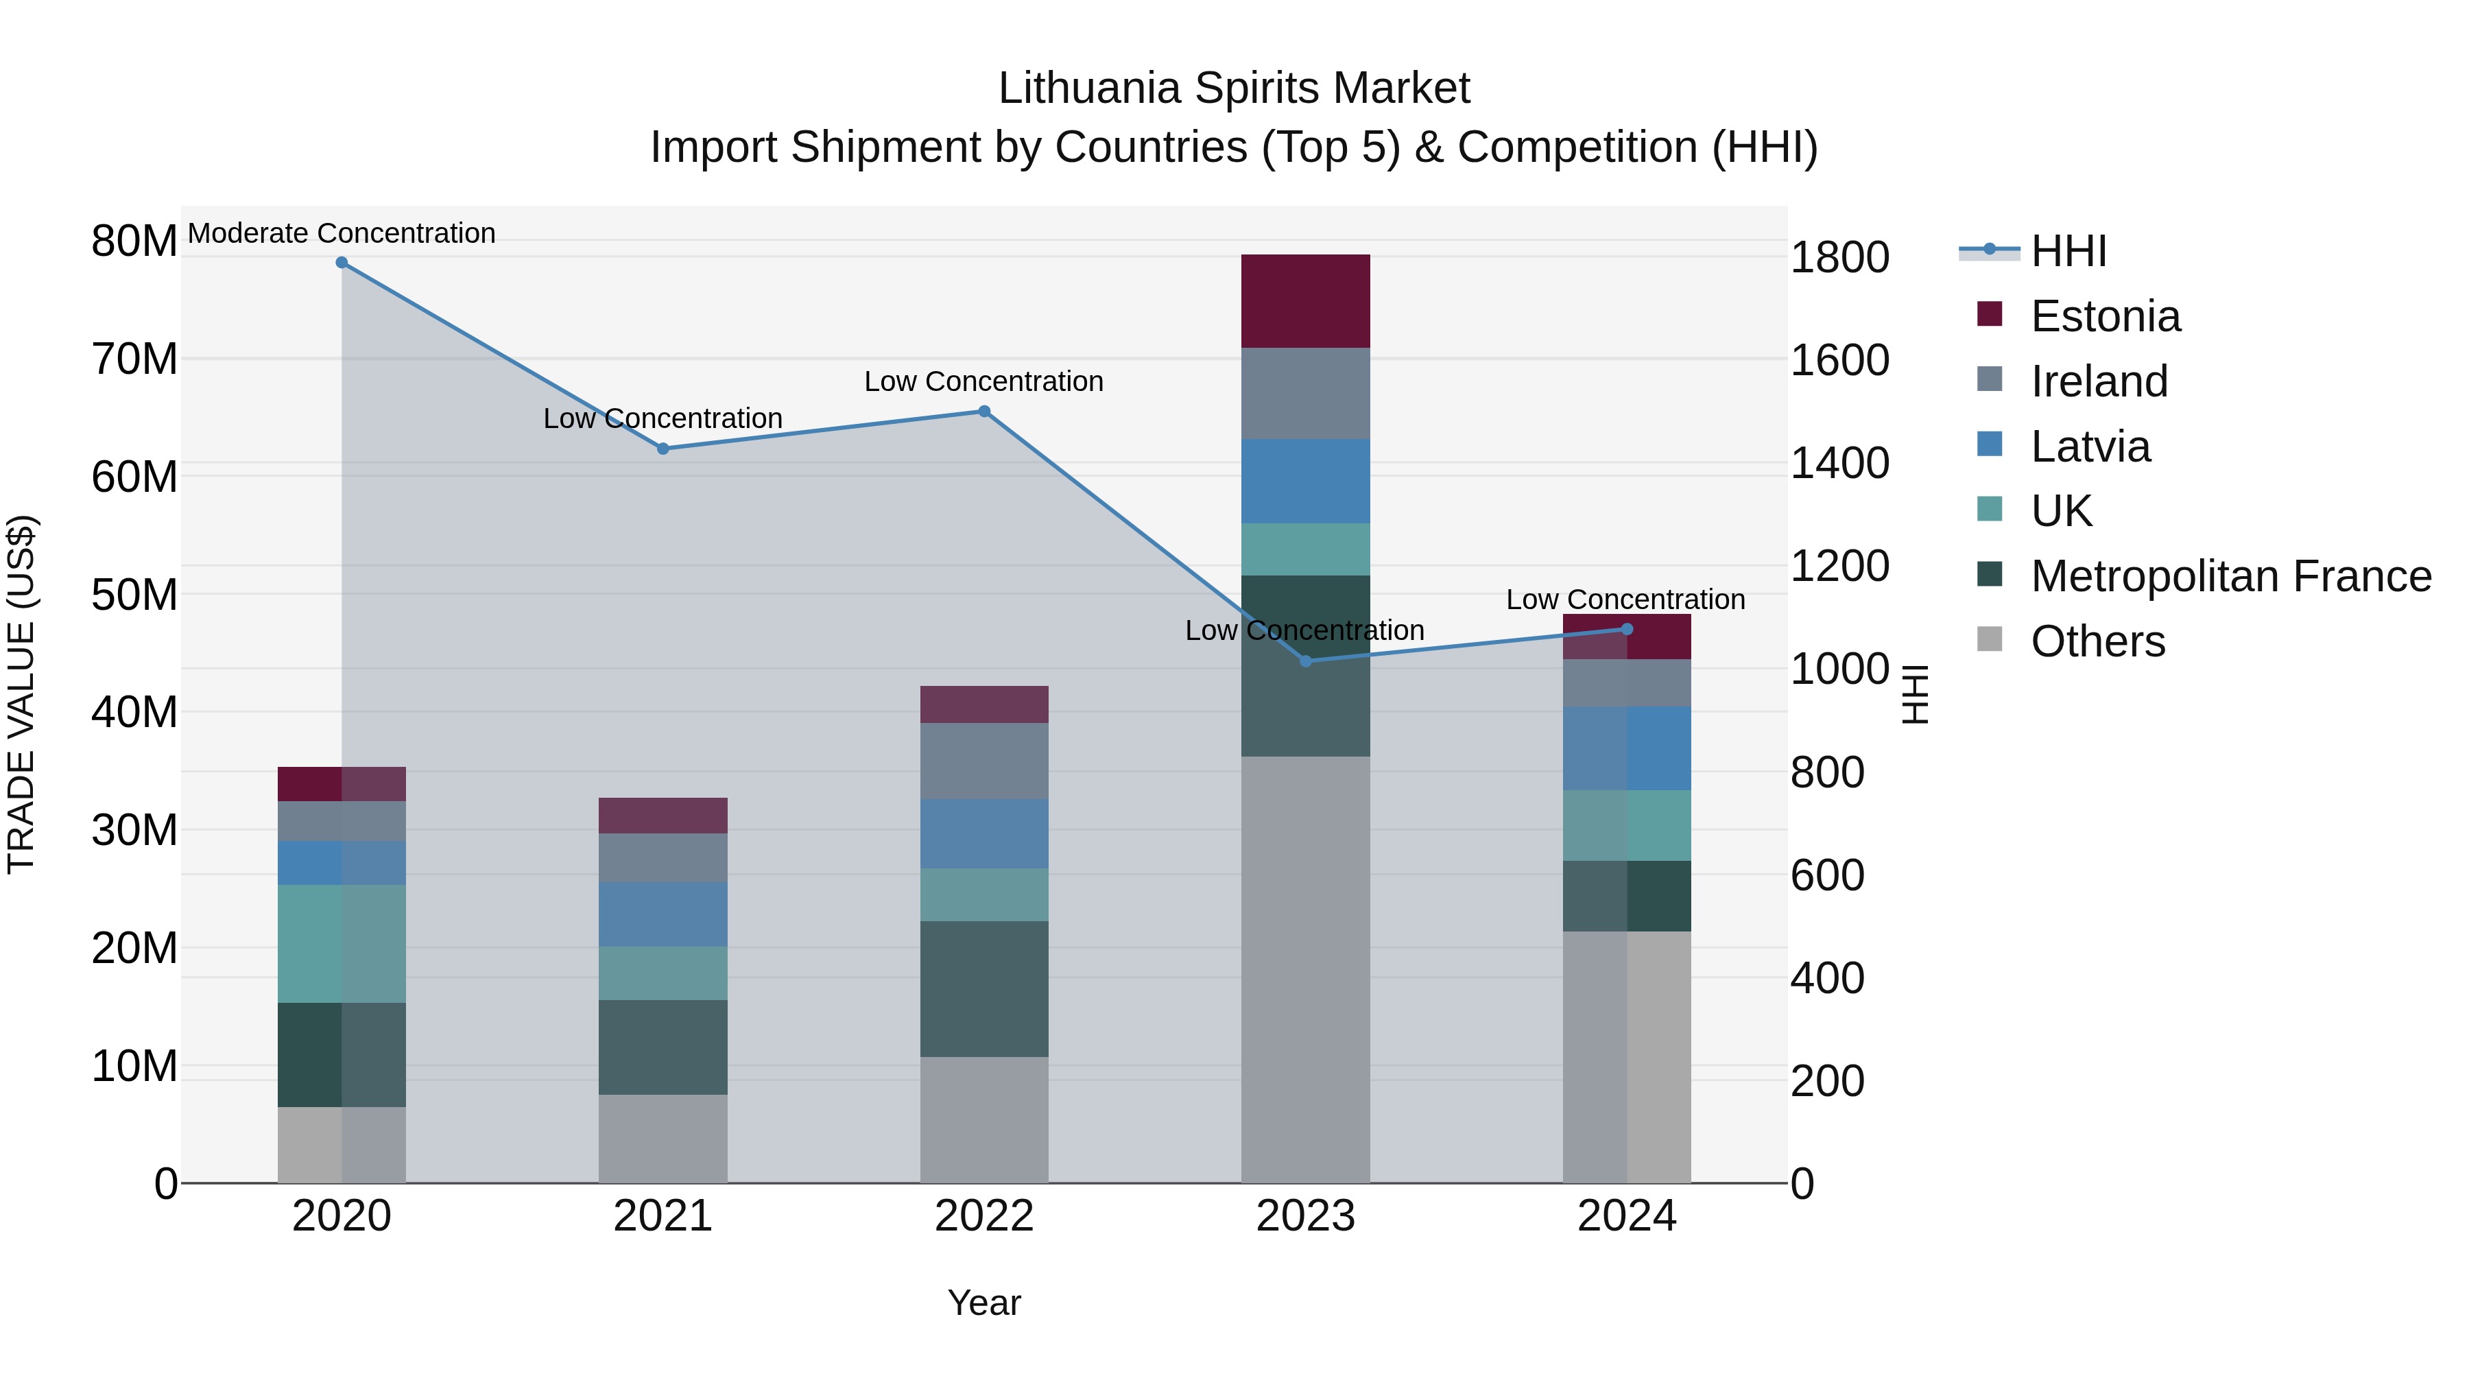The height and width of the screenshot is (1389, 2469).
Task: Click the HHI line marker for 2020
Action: pos(342,263)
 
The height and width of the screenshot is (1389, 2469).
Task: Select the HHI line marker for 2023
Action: pos(1304,661)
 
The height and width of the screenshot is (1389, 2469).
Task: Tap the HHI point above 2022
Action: pos(983,412)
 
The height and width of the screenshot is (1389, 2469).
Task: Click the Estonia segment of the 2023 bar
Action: pos(1304,301)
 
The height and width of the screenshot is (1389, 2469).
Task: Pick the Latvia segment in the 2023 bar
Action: pos(1304,482)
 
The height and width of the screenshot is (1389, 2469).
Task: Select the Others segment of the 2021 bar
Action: pos(663,1138)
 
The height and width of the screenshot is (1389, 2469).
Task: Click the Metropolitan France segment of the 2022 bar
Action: pos(983,988)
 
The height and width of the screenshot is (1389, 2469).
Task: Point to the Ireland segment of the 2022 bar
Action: pos(983,761)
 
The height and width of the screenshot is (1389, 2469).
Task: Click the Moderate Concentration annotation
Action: pos(342,233)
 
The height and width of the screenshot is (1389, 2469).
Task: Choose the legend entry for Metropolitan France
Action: pos(2230,576)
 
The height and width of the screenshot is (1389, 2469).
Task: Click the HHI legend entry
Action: pos(2068,251)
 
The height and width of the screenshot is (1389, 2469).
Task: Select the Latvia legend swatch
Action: pos(1989,444)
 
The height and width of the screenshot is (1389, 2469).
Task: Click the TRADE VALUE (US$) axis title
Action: pos(21,694)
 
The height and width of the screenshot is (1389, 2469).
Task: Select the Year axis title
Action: pos(983,1303)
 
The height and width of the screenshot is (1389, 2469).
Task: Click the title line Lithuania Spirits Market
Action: pos(1234,88)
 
